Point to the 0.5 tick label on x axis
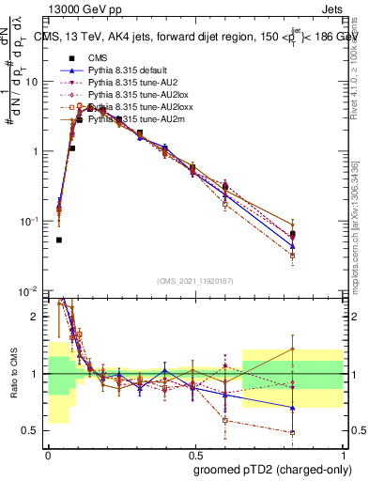pyautogui.click(x=193, y=453)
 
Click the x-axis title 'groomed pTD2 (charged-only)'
pyautogui.click(x=272, y=469)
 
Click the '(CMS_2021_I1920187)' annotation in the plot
pyautogui.click(x=195, y=281)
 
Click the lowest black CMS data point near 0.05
pyautogui.click(x=59, y=240)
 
